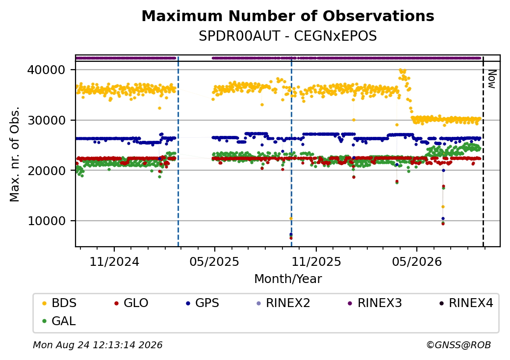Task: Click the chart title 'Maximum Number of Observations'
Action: pyautogui.click(x=288, y=16)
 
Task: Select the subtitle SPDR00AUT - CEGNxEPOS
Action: pyautogui.click(x=288, y=36)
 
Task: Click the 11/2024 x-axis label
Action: pyautogui.click(x=114, y=262)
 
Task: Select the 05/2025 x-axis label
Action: pyautogui.click(x=214, y=262)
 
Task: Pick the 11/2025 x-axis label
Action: pyautogui.click(x=316, y=262)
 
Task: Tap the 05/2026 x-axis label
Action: pyautogui.click(x=417, y=262)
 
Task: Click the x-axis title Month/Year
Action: pyautogui.click(x=288, y=279)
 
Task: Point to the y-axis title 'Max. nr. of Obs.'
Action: pyautogui.click(x=15, y=154)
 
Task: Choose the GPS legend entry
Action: pyautogui.click(x=203, y=303)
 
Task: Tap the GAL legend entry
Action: pyautogui.click(x=59, y=321)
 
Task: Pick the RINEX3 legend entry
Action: pyautogui.click(x=375, y=303)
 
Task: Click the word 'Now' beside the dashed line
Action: pyautogui.click(x=492, y=79)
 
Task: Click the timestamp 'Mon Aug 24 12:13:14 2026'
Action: pyautogui.click(x=98, y=345)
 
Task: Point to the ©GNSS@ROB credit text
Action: pyautogui.click(x=459, y=345)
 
